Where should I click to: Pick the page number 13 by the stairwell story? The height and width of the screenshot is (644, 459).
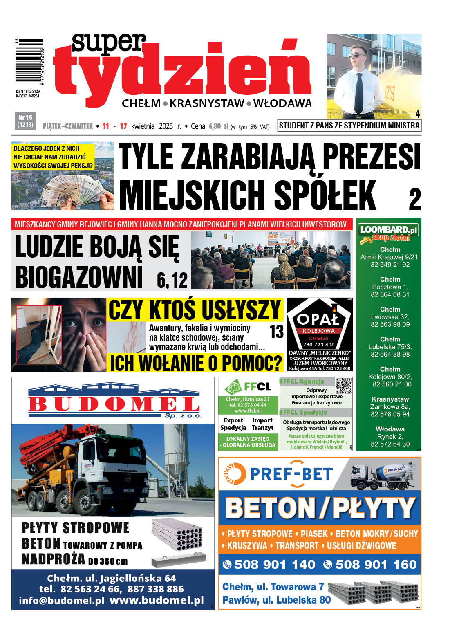pos(276,332)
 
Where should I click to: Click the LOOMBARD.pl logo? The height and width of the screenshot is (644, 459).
pos(389,230)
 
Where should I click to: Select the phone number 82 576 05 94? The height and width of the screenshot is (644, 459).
pos(390,414)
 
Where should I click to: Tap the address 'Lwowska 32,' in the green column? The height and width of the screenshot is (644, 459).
pos(390,317)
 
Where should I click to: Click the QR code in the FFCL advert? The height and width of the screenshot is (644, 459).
pos(343,386)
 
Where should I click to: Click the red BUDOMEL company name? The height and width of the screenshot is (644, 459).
pos(114,404)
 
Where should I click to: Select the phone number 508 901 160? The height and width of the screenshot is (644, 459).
pos(375,565)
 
